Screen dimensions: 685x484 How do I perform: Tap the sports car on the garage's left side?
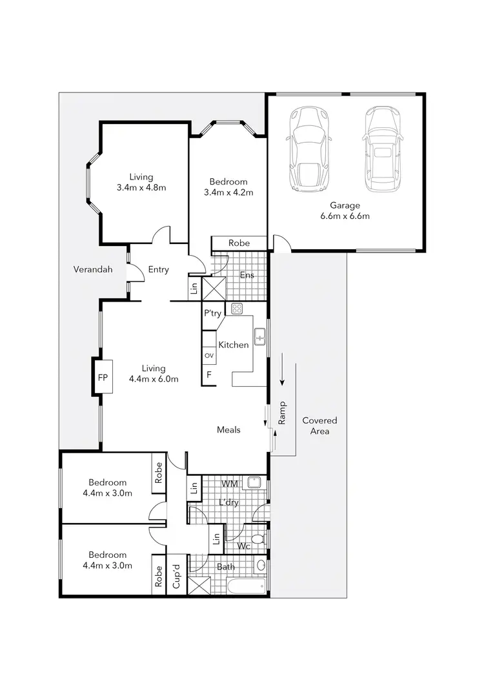click(x=310, y=149)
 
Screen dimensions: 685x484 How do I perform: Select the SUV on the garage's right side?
click(x=383, y=149)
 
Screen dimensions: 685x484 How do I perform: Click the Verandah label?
click(x=93, y=269)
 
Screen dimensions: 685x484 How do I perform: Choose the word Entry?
click(x=158, y=269)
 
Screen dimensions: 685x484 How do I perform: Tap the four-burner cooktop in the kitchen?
click(x=237, y=309)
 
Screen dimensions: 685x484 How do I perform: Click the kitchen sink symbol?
click(x=259, y=336)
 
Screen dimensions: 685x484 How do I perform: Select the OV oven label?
click(x=208, y=356)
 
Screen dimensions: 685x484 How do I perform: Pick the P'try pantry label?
click(x=213, y=313)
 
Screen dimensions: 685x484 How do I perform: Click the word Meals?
click(x=228, y=429)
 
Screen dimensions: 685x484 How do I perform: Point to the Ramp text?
click(x=282, y=413)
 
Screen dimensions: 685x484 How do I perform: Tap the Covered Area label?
click(x=319, y=425)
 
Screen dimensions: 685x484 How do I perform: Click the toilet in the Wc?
click(x=257, y=538)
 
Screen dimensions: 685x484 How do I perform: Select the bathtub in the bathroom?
click(x=245, y=586)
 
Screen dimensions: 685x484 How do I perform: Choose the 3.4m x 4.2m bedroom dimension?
click(x=228, y=192)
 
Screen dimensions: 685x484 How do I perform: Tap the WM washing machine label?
click(x=229, y=483)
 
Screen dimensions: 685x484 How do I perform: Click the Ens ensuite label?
click(x=247, y=275)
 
